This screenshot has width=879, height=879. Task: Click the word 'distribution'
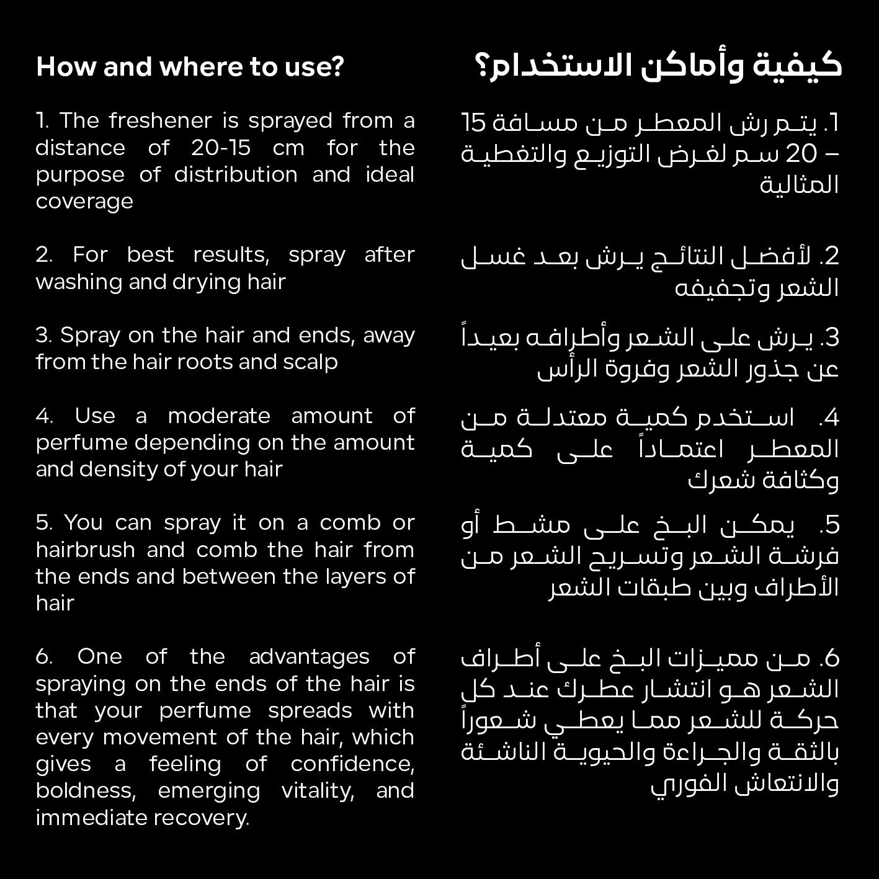[236, 174]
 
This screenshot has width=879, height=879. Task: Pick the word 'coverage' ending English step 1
[84, 202]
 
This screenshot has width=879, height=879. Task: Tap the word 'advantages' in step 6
[309, 656]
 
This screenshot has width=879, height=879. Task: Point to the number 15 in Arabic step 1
[475, 123]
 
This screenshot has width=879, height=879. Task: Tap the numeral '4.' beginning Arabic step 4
[829, 417]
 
